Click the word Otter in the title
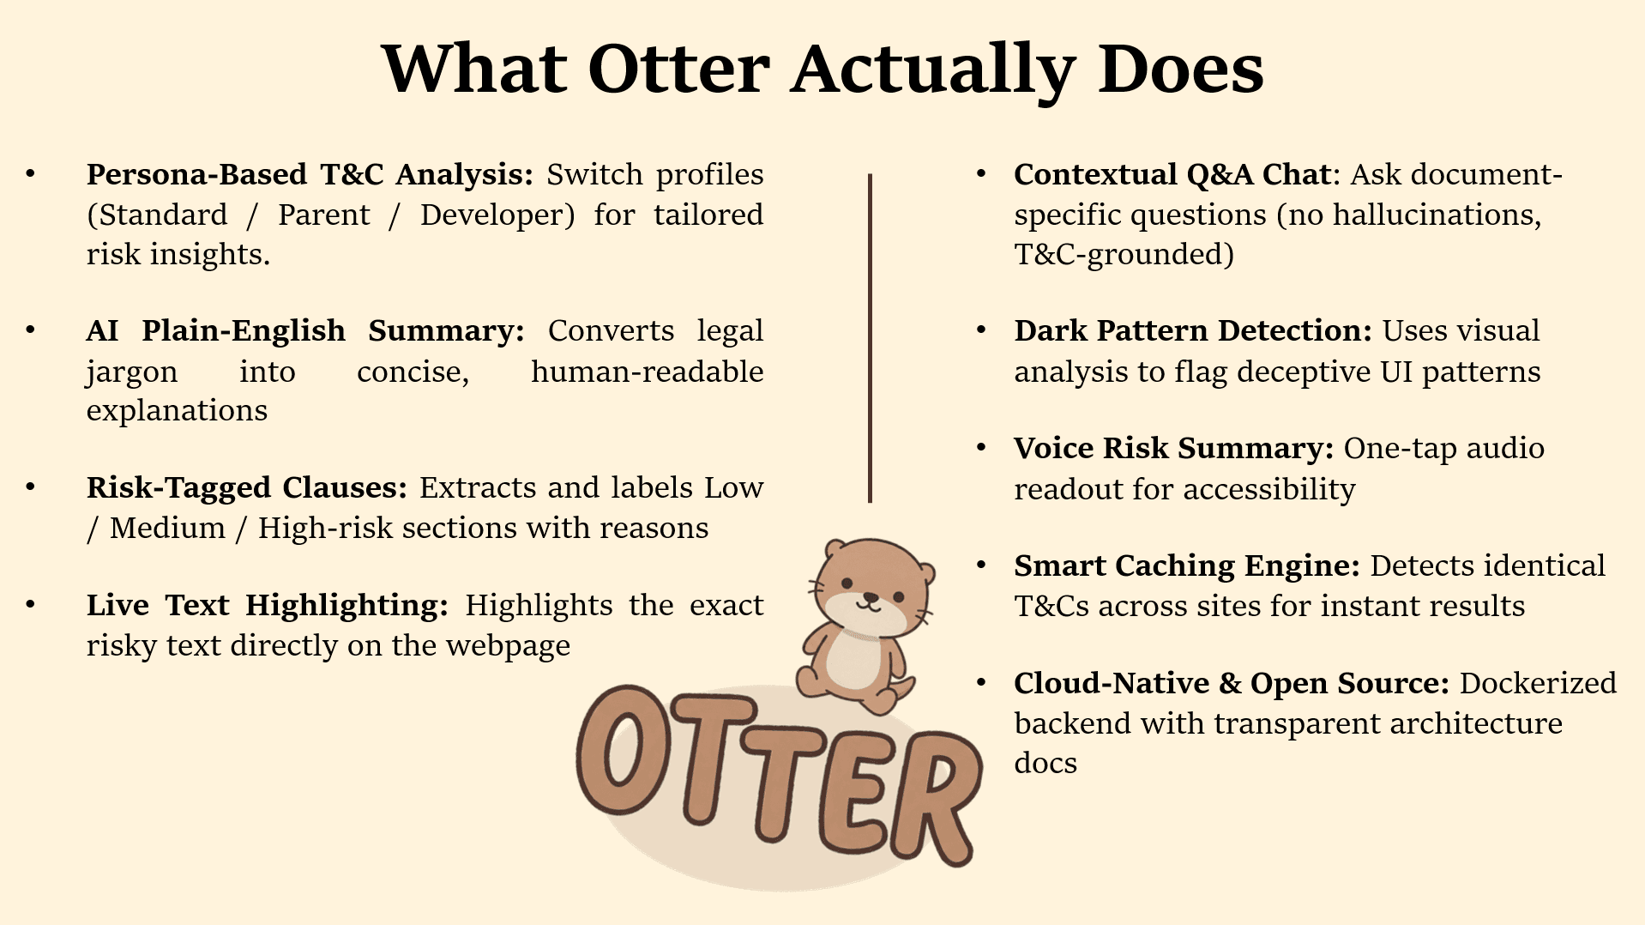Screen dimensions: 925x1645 point(678,69)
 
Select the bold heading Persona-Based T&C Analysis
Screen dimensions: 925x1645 point(310,174)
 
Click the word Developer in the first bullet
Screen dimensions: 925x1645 point(497,215)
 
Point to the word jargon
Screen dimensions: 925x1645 point(132,372)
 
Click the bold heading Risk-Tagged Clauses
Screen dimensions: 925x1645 point(246,487)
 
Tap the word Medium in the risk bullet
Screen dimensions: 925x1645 point(167,528)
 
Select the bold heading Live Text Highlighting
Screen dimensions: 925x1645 point(267,605)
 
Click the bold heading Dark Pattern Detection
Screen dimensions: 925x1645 point(1192,330)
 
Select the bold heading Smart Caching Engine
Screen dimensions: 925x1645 point(1186,565)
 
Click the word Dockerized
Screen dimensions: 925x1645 point(1538,683)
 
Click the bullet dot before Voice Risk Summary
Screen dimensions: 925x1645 point(982,447)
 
